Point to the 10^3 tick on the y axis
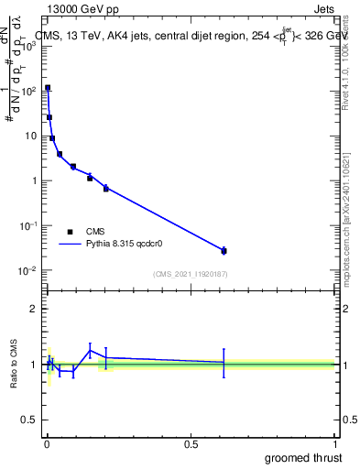pyautogui.click(x=28, y=45)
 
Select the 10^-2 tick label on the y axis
pyautogui.click(x=27, y=270)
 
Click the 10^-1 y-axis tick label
pyautogui.click(x=27, y=225)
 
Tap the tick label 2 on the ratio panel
pyautogui.click(x=34, y=309)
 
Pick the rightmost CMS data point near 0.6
pyautogui.click(x=224, y=250)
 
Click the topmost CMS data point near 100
pyautogui.click(x=48, y=88)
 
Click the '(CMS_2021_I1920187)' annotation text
pyautogui.click(x=190, y=274)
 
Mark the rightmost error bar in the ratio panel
pyautogui.click(x=224, y=363)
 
